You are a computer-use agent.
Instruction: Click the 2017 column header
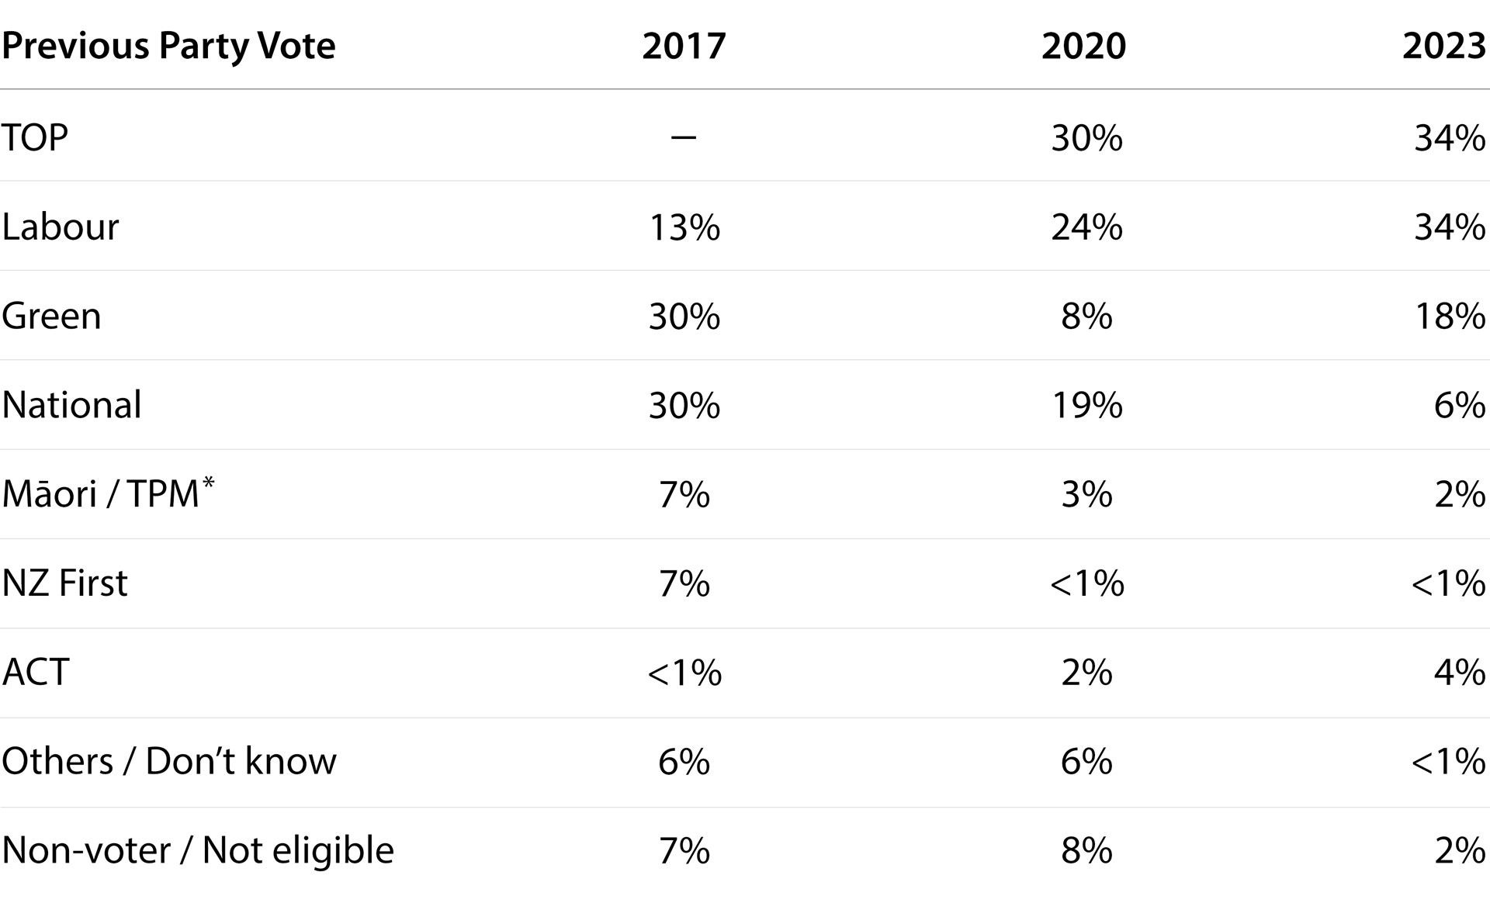(684, 46)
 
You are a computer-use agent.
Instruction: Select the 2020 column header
(1083, 46)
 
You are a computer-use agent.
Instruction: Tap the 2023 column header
(1444, 46)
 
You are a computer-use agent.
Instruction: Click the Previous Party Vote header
(168, 47)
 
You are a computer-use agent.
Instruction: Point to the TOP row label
(35, 137)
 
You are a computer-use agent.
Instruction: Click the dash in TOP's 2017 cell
(684, 138)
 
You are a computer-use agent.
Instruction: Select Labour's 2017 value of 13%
(684, 227)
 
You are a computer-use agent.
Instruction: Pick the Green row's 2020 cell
(1086, 317)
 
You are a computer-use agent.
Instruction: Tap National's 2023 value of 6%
(1460, 406)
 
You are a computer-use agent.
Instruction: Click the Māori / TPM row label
(108, 493)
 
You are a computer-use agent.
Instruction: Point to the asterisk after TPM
(208, 483)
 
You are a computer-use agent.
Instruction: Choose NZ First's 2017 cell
(684, 584)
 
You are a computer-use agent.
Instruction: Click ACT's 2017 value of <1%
(684, 673)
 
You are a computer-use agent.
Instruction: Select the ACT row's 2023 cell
(1460, 673)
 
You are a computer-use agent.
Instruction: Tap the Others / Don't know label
(169, 761)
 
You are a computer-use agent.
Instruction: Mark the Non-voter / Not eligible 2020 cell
(1086, 852)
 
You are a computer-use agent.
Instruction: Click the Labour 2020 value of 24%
(1086, 227)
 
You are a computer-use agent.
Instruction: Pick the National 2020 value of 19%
(1086, 406)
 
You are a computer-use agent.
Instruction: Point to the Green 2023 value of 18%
(1450, 317)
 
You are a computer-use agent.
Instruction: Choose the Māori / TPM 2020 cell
(1086, 495)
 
